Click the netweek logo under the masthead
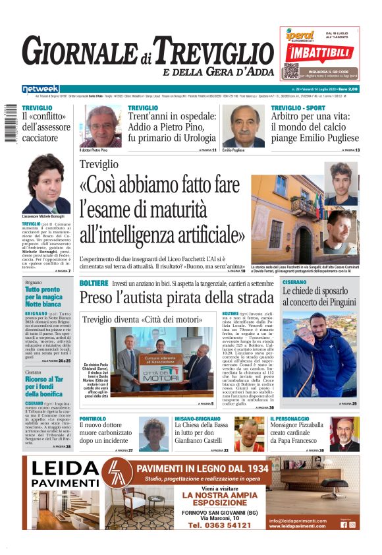(40, 89)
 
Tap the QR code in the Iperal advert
(291, 71)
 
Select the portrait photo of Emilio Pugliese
(243, 126)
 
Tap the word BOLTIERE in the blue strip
(94, 283)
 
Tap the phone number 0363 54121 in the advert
(219, 525)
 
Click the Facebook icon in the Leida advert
(343, 525)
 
